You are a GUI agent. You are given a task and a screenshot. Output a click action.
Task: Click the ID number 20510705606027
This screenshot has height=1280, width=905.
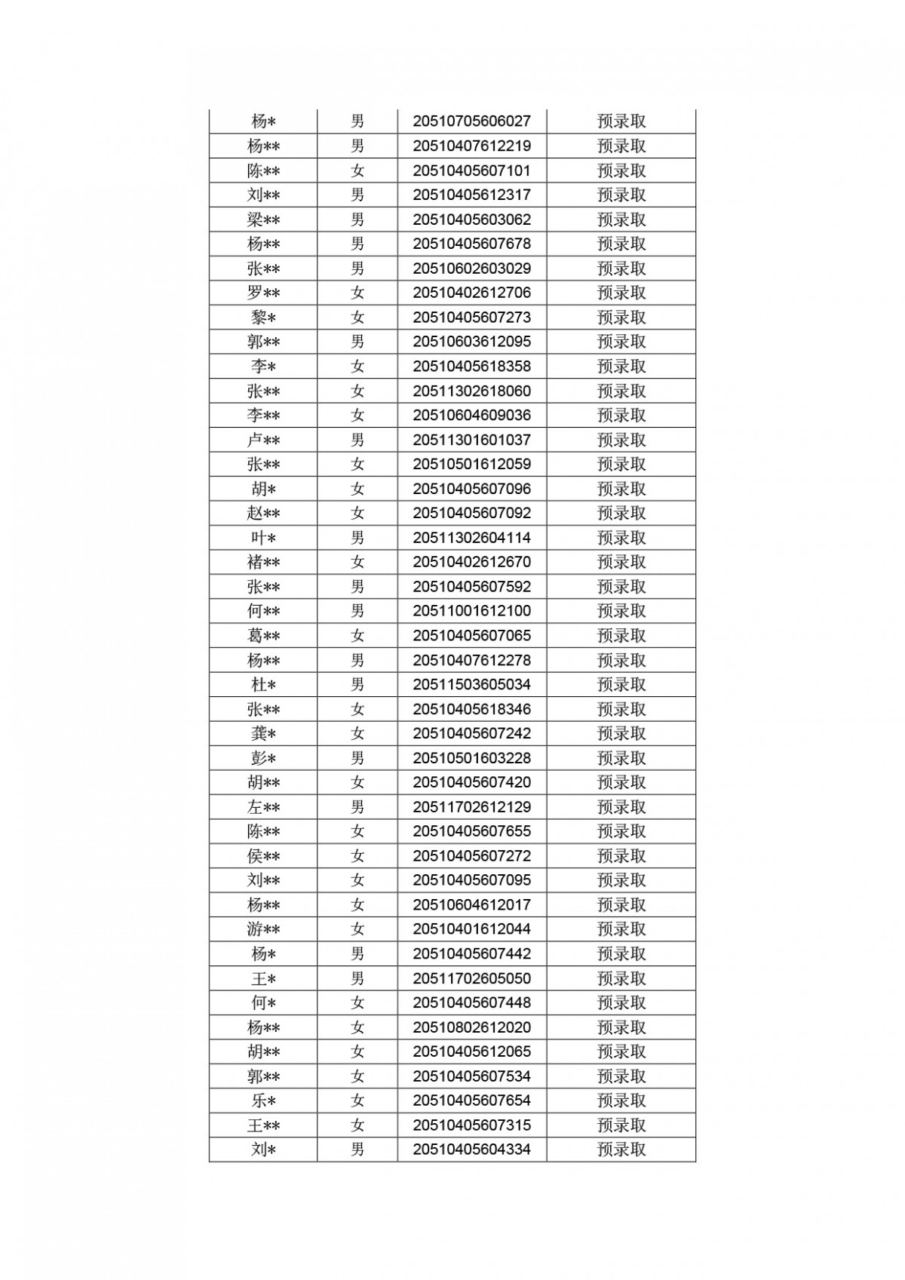(471, 121)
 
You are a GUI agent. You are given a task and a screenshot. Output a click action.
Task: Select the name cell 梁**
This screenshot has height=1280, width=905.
(263, 219)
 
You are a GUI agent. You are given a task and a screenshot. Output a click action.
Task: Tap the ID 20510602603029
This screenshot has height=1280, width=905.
(471, 269)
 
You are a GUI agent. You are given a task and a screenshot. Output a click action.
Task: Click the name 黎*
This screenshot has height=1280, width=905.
(263, 318)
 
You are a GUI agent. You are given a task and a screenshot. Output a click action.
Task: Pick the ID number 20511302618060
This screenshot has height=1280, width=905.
(471, 391)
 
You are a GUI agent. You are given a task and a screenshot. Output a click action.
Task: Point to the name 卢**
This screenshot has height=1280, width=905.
(263, 440)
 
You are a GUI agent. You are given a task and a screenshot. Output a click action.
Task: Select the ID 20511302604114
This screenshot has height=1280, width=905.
(471, 538)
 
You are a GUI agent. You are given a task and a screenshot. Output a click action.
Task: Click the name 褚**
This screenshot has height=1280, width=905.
(263, 562)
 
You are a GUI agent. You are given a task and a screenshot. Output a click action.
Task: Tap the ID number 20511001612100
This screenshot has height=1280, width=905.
(471, 611)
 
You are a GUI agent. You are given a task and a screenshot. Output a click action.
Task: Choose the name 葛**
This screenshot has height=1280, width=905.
(263, 636)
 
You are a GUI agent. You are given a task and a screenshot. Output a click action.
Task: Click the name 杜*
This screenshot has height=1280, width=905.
(263, 685)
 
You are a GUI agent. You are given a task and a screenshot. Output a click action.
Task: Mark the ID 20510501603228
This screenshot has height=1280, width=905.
(471, 758)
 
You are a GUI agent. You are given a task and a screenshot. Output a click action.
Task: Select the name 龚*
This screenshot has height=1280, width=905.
(263, 733)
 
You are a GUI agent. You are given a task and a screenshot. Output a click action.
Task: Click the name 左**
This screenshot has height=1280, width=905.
(263, 807)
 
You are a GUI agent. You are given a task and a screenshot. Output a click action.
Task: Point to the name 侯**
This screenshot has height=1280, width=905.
(263, 856)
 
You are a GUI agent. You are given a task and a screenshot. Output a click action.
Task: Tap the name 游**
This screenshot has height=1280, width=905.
(263, 929)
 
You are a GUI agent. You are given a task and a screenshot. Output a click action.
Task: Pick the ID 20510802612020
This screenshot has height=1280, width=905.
(471, 1027)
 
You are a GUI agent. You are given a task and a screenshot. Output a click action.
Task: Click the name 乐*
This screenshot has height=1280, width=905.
(263, 1100)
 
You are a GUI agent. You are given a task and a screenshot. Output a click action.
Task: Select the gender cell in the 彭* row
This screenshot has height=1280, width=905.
(357, 758)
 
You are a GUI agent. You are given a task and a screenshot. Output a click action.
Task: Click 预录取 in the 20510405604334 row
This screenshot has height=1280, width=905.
(621, 1150)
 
